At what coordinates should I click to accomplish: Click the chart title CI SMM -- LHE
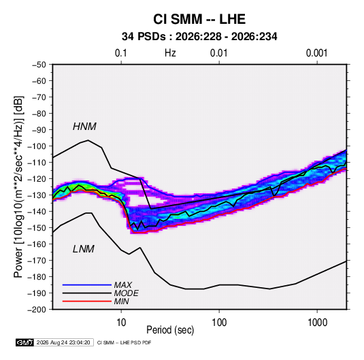199,19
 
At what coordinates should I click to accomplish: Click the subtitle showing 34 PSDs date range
199,37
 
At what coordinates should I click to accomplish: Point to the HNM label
84,127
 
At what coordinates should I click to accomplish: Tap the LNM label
84,249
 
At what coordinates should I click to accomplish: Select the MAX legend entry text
123,285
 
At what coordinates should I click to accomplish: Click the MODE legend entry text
127,293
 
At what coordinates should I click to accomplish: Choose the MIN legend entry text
121,301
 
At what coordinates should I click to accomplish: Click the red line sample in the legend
87,301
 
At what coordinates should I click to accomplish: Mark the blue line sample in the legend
87,284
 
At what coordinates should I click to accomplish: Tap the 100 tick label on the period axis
219,323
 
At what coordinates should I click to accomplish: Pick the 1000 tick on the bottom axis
317,323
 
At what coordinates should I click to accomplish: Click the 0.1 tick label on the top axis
121,53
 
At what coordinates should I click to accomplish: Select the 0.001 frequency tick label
316,53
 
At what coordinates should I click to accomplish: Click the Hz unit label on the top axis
170,53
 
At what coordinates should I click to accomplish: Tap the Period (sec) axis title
170,330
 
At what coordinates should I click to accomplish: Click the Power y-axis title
18,186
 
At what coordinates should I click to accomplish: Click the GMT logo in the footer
24,342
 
